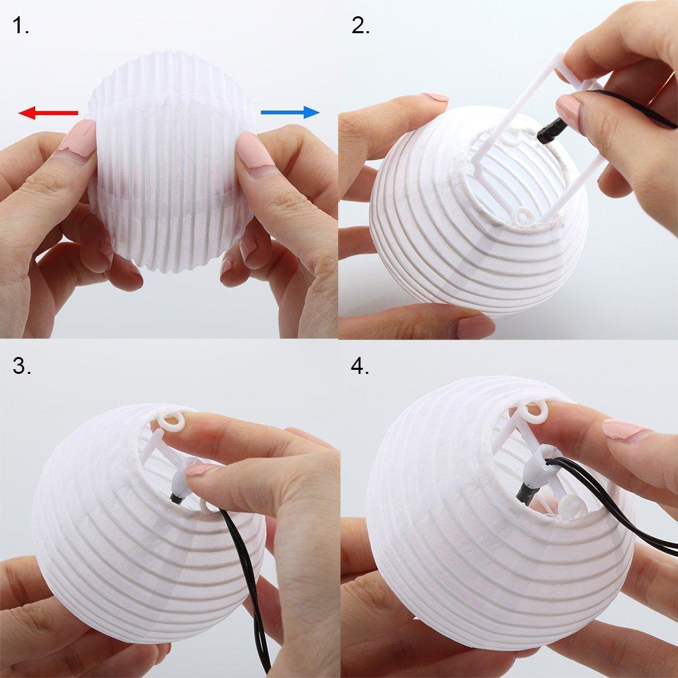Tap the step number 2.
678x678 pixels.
coord(360,26)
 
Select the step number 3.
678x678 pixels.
coord(21,366)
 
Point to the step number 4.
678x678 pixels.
coord(360,366)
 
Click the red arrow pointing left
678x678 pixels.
coord(47,112)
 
